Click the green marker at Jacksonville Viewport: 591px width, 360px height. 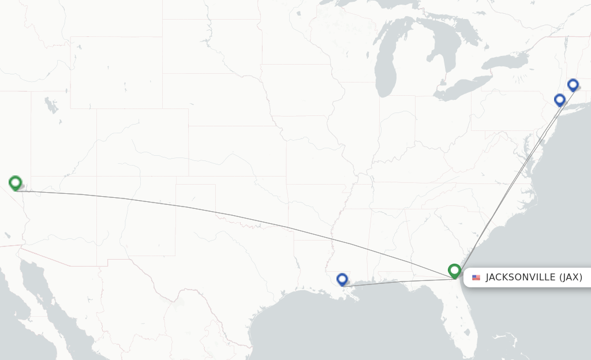454,270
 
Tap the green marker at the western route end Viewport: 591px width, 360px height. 16,183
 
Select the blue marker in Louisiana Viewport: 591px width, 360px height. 342,279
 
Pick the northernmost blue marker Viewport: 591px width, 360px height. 573,85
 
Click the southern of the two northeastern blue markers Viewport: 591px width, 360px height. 559,100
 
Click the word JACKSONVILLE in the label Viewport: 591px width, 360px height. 521,277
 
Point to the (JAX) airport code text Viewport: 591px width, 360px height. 570,277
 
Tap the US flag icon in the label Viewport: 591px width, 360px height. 476,277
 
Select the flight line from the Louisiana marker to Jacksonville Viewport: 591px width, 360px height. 398,283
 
